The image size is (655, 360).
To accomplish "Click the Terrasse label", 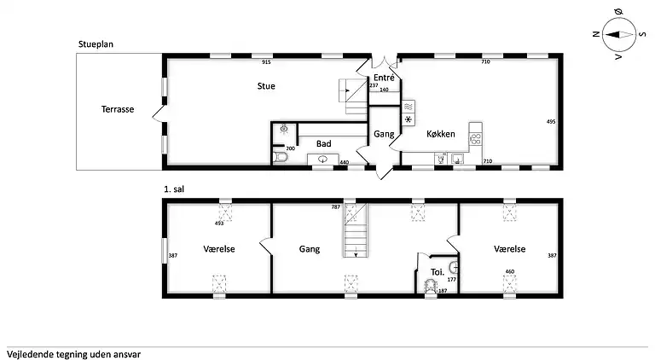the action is point(118,109).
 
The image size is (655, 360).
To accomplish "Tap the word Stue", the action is point(266,86).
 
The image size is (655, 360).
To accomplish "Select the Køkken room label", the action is point(441,134).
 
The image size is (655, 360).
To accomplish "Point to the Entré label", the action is point(384,78).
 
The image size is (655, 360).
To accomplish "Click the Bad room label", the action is point(324,143).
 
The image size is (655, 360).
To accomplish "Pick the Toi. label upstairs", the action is point(438,272).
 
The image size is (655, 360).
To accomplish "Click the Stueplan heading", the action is point(96,44).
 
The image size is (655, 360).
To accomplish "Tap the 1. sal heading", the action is point(174,189).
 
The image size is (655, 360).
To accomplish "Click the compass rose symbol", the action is point(618,35).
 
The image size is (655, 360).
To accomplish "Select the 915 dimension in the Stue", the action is point(266,62).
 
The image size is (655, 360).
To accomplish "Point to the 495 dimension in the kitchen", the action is point(551,121).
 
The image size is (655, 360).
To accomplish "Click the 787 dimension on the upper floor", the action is point(336,206).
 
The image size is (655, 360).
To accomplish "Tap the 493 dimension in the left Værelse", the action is point(219,224).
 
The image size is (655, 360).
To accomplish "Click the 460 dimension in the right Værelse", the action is point(510,271).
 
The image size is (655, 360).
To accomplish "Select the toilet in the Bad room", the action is point(280,158).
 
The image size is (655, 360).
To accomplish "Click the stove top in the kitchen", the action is point(475,139).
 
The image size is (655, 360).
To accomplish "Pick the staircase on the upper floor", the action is point(356,230).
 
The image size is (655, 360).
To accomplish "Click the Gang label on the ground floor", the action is point(384,134).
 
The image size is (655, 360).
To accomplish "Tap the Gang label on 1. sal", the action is point(310,249).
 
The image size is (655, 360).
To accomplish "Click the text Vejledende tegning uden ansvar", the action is point(74,355).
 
